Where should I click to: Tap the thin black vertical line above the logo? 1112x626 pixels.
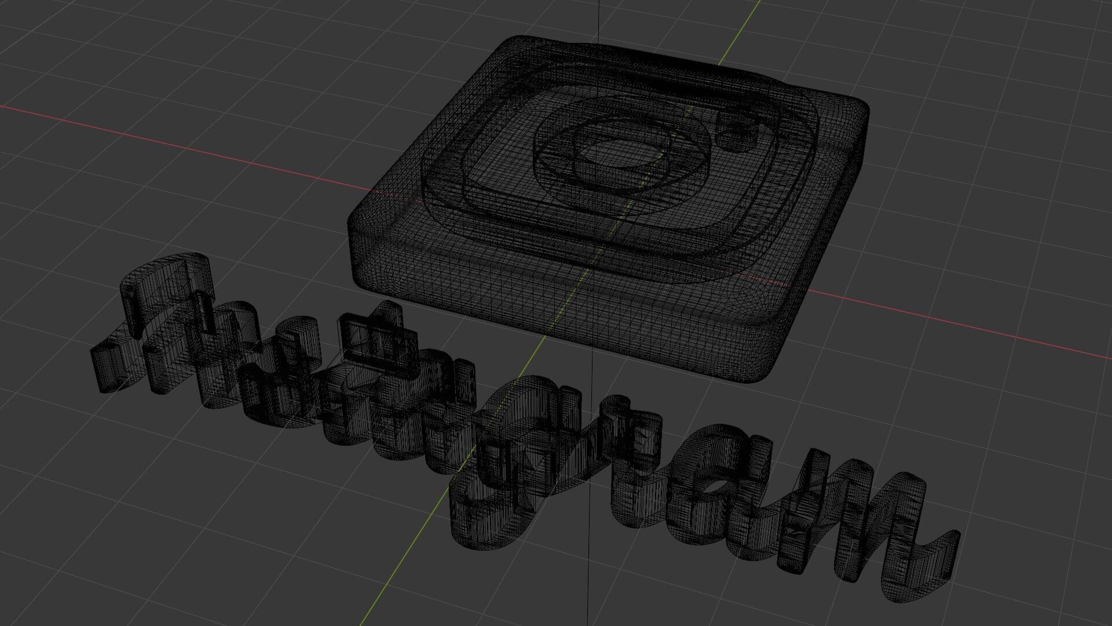(x=599, y=17)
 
